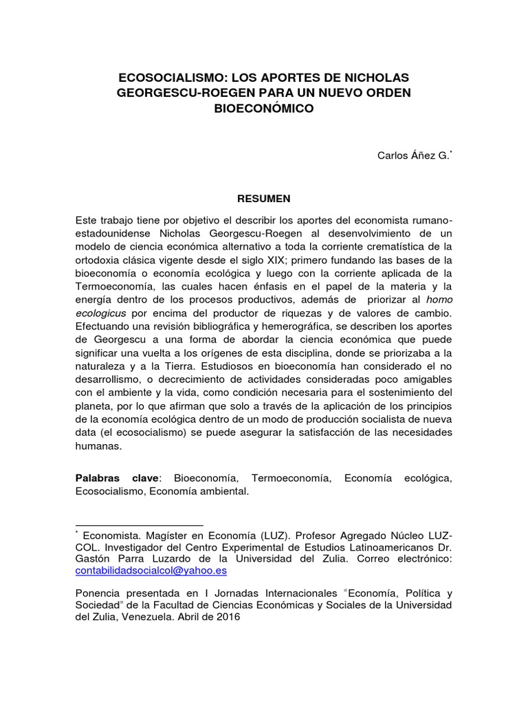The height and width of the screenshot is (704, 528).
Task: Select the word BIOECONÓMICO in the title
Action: pyautogui.click(x=264, y=108)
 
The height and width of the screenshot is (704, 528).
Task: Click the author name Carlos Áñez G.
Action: pyautogui.click(x=412, y=155)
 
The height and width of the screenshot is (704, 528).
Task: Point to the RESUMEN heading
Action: pyautogui.click(x=264, y=199)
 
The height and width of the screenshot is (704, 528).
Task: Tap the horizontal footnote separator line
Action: pyautogui.click(x=139, y=525)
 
